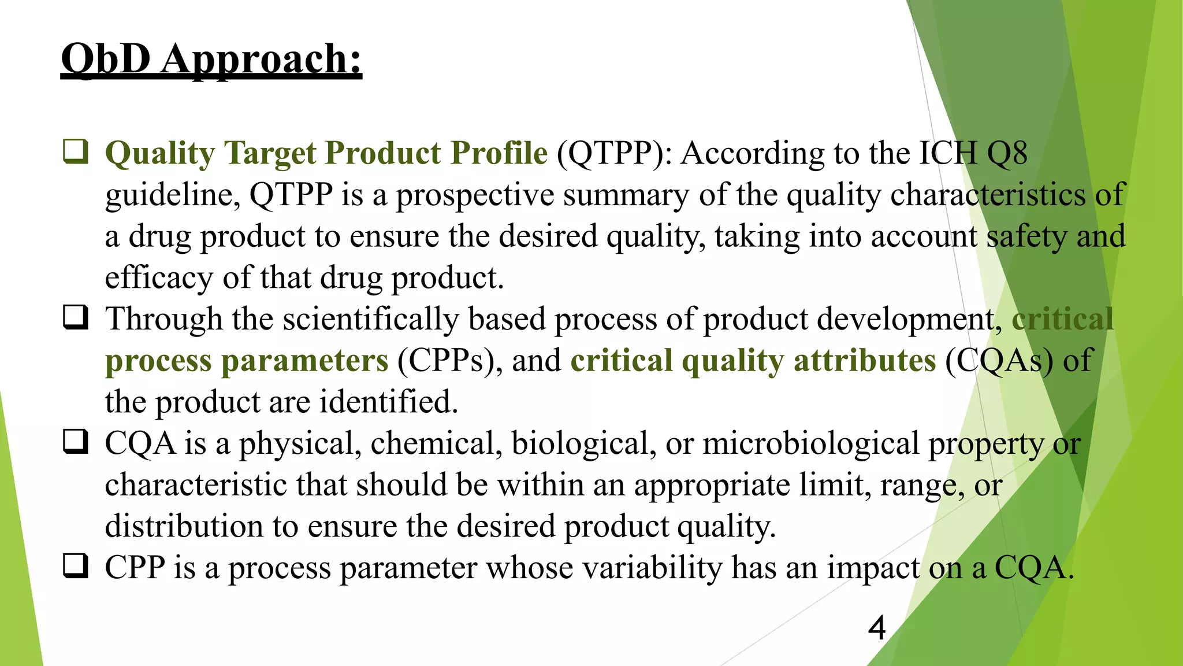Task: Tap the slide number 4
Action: point(876,628)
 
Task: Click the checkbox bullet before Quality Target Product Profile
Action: point(76,151)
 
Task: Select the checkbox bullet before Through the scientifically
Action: point(76,317)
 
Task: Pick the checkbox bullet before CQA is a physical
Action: point(76,442)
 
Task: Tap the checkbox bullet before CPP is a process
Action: point(76,566)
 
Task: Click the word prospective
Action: point(475,195)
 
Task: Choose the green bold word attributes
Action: point(864,361)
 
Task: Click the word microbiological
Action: point(810,444)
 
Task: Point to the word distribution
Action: point(184,526)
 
